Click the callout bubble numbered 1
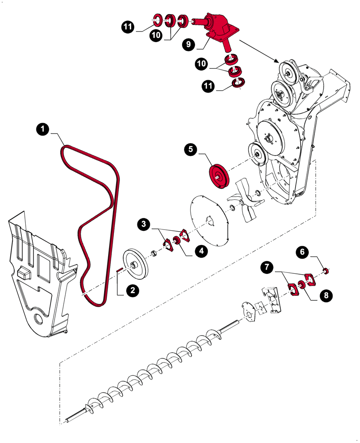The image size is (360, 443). (42, 129)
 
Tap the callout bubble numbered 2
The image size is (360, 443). (131, 291)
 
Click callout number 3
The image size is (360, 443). (143, 224)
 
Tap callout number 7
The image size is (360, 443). (266, 268)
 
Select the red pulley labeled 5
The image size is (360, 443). (218, 176)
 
